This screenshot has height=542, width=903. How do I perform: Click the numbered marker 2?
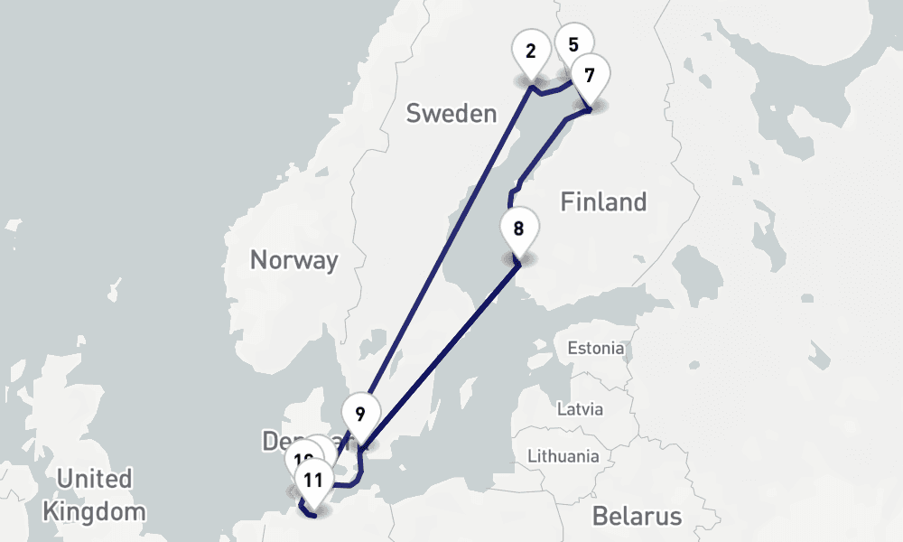(530, 52)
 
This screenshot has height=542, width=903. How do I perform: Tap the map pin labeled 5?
(573, 42)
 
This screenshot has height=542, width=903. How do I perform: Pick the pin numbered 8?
(518, 229)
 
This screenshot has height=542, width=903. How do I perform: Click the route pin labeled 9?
(360, 416)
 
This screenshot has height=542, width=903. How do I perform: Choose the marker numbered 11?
(313, 480)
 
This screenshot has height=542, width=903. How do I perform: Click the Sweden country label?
(451, 114)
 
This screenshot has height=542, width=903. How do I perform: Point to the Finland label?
(603, 201)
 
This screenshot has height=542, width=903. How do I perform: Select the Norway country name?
(293, 261)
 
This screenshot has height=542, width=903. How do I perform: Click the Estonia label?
(594, 348)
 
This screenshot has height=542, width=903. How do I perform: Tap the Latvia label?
(579, 408)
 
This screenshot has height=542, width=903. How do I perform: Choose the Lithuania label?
(563, 455)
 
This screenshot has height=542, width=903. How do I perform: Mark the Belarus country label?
(638, 516)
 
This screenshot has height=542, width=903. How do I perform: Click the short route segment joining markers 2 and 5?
(553, 90)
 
